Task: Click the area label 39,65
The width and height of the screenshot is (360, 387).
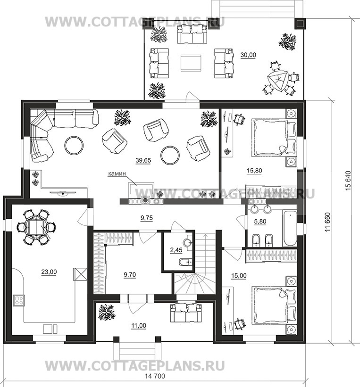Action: [x=143, y=160]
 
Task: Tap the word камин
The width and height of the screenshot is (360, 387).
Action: [x=117, y=173]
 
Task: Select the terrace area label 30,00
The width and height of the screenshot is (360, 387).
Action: [x=248, y=55]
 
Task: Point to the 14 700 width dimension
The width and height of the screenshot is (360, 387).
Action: [x=155, y=376]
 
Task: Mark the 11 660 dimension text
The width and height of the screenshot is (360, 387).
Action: [x=327, y=222]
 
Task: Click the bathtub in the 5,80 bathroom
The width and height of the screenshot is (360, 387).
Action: [x=290, y=228]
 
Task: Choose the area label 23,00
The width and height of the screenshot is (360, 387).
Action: [x=49, y=272]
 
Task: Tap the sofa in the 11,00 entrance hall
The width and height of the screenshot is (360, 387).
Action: [x=186, y=313]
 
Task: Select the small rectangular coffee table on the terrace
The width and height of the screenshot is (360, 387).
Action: [x=191, y=63]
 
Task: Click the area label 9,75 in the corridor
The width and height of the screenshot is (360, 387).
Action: [x=147, y=218]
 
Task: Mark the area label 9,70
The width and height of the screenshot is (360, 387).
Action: [x=130, y=275]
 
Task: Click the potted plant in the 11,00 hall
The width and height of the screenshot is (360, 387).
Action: [x=107, y=312]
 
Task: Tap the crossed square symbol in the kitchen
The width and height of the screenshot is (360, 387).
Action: [x=80, y=274]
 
